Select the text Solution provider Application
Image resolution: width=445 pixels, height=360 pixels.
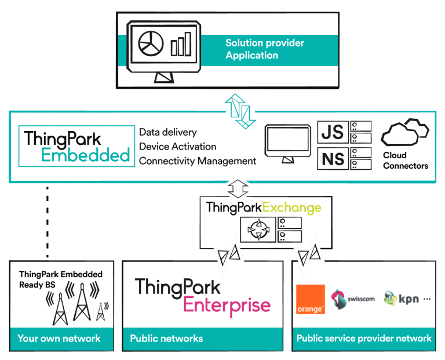[x=264, y=49]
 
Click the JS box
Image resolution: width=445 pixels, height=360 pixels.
[x=333, y=132]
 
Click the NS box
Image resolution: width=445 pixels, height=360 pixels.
[x=333, y=158]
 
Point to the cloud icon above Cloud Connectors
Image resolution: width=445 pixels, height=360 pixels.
[x=404, y=133]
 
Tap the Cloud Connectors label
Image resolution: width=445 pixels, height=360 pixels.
[x=405, y=161]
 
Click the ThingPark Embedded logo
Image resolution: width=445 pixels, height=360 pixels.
[x=76, y=146]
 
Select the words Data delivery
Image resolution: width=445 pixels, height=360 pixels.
[x=168, y=133]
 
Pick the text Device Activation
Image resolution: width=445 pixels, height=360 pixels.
[x=177, y=147]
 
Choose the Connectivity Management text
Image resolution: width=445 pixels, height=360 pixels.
[x=197, y=161]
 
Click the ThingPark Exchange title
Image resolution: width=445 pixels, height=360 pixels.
[x=263, y=207]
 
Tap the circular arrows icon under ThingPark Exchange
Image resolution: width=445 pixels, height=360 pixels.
[x=256, y=230]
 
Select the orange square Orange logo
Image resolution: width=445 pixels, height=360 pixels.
[x=311, y=300]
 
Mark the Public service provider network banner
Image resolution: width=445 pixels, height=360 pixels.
[x=364, y=339]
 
